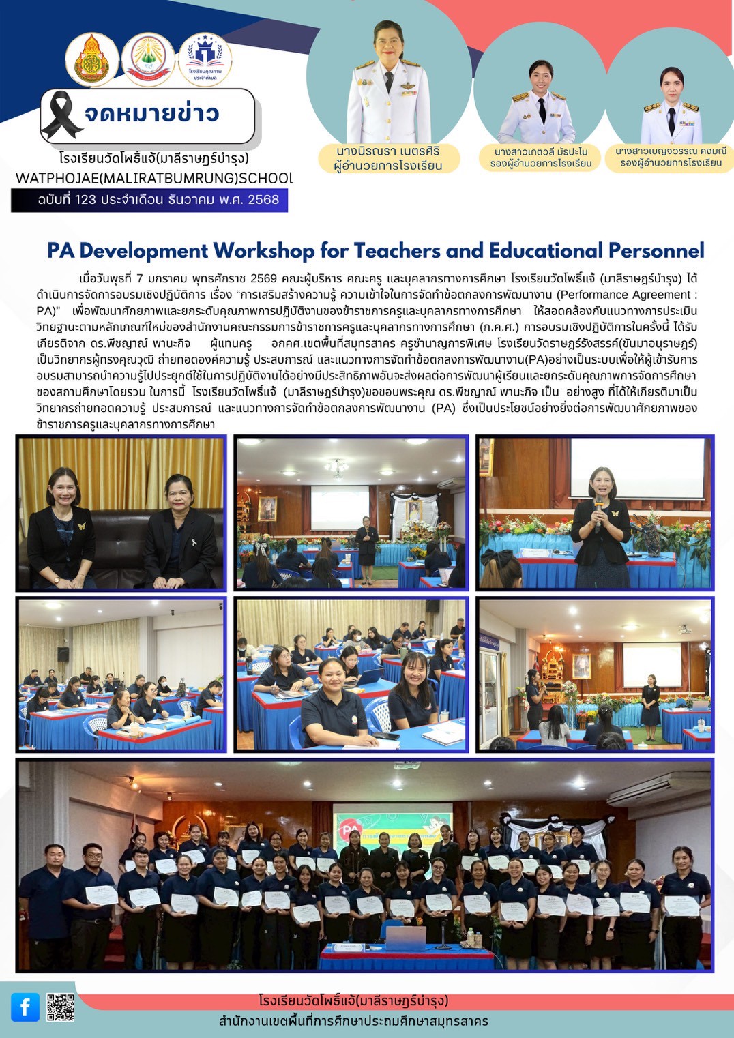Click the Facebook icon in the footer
pyautogui.click(x=25, y=1007)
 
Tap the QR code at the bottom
pyautogui.click(x=60, y=1007)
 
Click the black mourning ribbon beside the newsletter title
pyautogui.click(x=61, y=115)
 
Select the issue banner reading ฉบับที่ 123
pyautogui.click(x=149, y=200)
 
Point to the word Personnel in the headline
pyautogui.click(x=656, y=251)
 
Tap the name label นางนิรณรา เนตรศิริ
pyautogui.click(x=388, y=158)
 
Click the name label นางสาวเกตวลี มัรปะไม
pyautogui.click(x=541, y=158)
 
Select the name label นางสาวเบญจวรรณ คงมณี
pyautogui.click(x=671, y=157)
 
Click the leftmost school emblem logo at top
pyautogui.click(x=92, y=60)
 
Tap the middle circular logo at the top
pyautogui.click(x=148, y=59)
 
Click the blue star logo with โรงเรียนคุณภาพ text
pyautogui.click(x=205, y=60)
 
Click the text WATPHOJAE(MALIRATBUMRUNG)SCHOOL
pyautogui.click(x=154, y=179)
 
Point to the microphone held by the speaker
pyautogui.click(x=598, y=505)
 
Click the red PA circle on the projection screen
pyautogui.click(x=350, y=830)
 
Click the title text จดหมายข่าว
pyautogui.click(x=151, y=114)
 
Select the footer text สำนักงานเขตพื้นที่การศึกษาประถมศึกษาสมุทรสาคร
pyautogui.click(x=353, y=1021)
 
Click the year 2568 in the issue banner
pyautogui.click(x=263, y=200)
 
